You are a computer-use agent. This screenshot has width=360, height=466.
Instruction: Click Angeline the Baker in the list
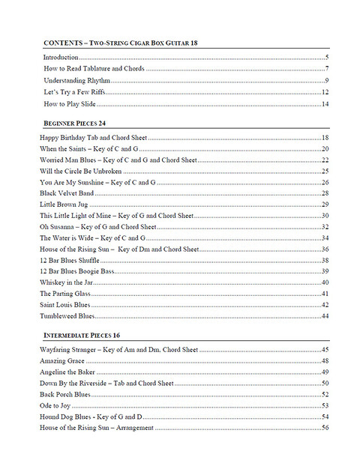pyautogui.click(x=68, y=372)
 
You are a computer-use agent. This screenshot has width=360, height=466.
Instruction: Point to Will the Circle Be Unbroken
pyautogui.click(x=80, y=171)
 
